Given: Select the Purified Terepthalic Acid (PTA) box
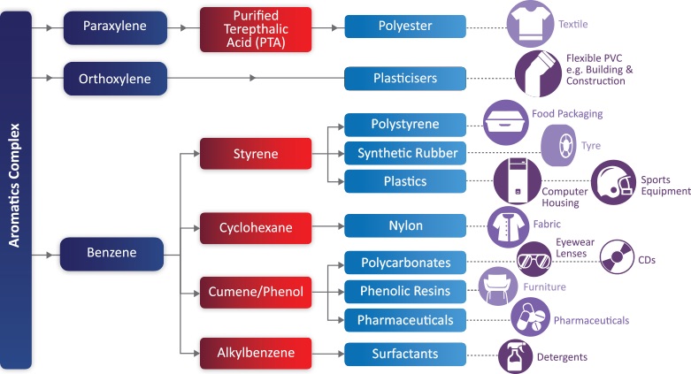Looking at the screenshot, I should (256, 26).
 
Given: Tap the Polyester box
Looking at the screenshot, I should (405, 27).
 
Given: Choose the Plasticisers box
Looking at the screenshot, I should (405, 79).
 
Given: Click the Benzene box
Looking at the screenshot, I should (111, 254).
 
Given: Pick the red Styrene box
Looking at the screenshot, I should (256, 154).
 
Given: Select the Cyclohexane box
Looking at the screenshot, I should (256, 227).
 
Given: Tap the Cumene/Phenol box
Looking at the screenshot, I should (256, 291).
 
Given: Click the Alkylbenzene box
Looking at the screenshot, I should (256, 354).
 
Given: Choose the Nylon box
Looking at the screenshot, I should (405, 226).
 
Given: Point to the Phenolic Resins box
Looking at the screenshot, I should (405, 291).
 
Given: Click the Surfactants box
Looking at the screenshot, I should (405, 354).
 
